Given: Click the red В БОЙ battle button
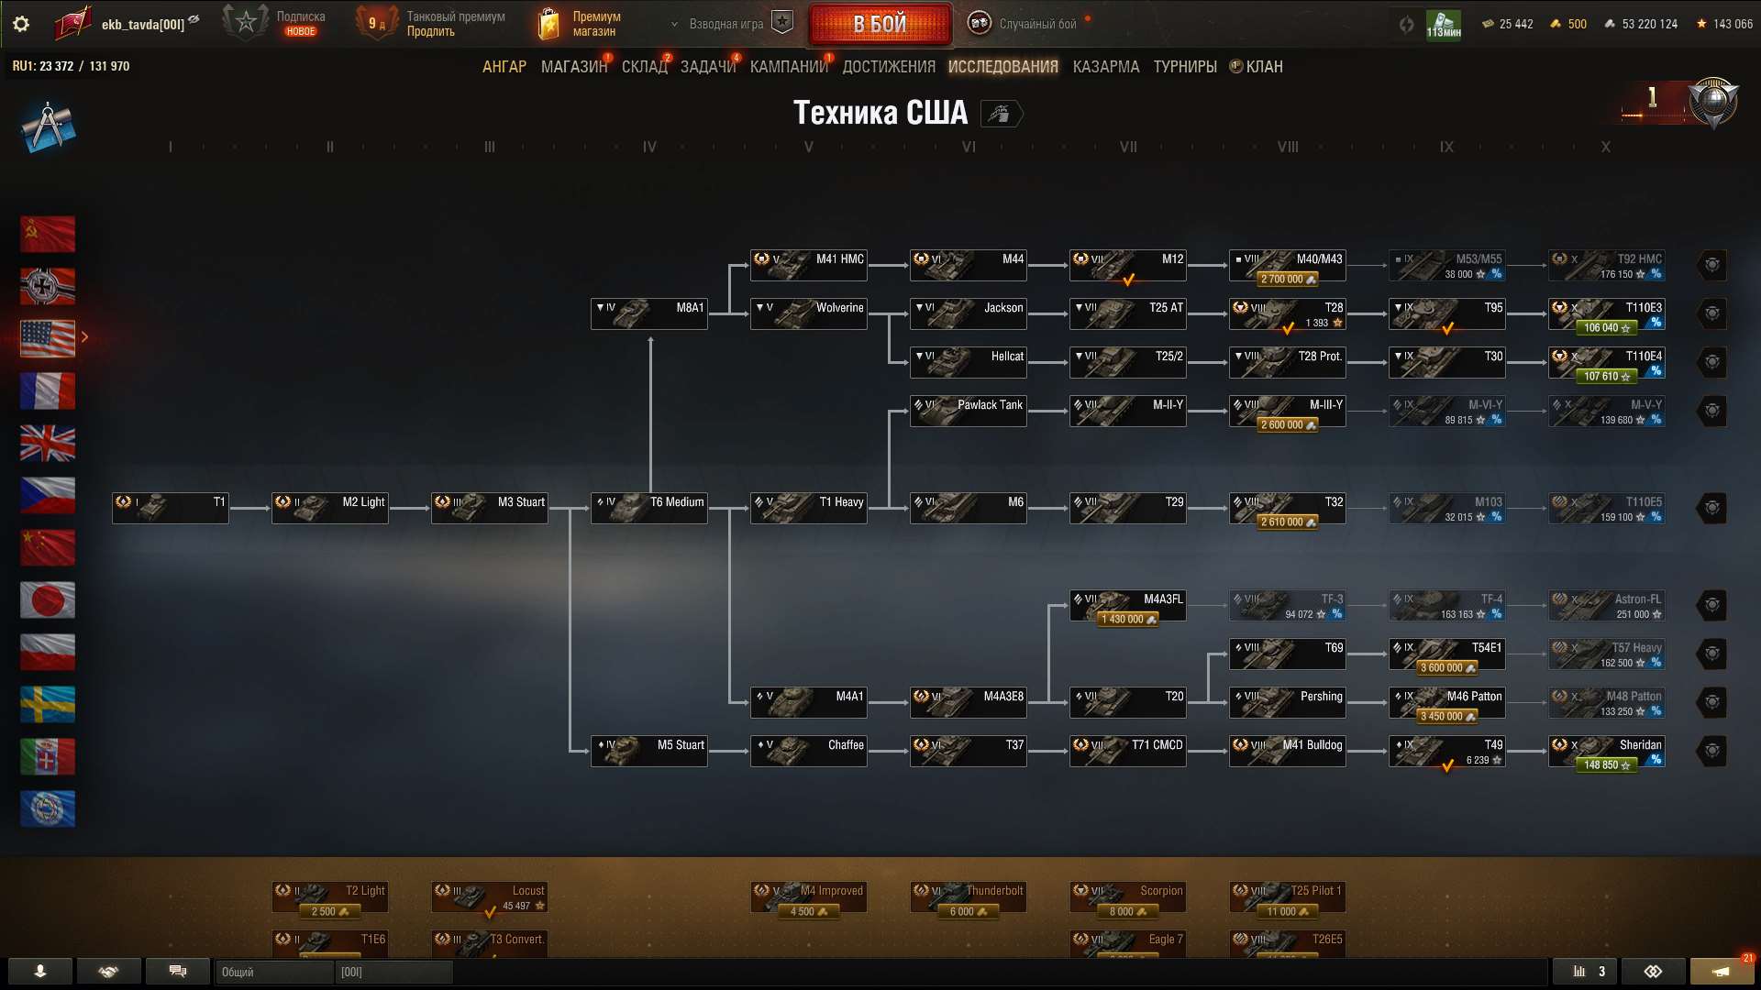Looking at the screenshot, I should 880,25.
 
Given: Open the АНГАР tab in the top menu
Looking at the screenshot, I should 504,67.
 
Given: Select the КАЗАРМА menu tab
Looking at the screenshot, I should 1105,67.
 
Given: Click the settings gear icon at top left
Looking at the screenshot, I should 21,24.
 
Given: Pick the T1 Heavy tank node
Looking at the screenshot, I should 808,507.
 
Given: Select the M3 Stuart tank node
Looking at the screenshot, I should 489,507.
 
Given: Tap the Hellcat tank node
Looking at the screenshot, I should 968,361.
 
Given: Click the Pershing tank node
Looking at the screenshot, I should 1287,701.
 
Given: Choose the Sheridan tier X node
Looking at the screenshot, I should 1606,750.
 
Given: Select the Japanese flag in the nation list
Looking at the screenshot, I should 48,600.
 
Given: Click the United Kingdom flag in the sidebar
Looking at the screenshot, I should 48,444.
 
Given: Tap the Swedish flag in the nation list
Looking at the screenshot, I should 48,705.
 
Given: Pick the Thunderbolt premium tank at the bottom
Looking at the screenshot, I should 968,896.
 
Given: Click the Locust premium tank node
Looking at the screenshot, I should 489,896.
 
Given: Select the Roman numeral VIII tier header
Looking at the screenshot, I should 1287,147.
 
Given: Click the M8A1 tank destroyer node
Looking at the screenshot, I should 648,313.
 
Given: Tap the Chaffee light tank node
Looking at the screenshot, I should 808,750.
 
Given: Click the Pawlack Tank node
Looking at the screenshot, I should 968,410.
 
